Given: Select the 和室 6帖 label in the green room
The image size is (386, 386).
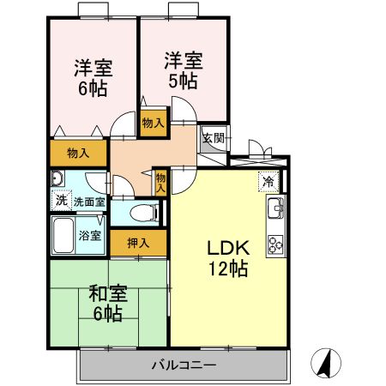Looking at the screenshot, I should (x=108, y=303).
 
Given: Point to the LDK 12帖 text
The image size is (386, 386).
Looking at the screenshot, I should (x=226, y=257).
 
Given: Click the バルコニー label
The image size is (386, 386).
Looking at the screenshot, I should (x=184, y=365).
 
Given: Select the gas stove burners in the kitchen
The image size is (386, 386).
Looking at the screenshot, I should (x=275, y=244).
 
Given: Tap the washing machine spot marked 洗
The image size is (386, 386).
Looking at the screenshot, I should (x=60, y=202).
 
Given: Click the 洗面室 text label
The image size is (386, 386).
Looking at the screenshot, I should (x=89, y=202).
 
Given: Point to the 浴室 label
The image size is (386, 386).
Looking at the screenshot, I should (x=90, y=234).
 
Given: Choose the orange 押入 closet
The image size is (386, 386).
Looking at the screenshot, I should (x=138, y=243).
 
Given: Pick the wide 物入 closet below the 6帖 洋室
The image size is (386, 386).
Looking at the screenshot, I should (x=78, y=153).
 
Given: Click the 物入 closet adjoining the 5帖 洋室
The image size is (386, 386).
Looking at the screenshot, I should (x=153, y=124).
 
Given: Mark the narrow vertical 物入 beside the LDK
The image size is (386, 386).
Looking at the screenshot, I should (x=160, y=180).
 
